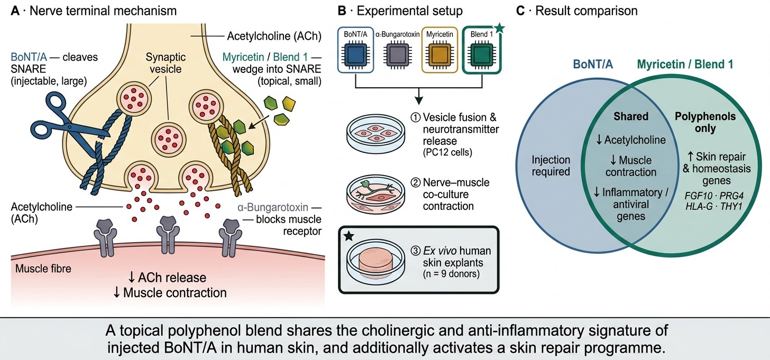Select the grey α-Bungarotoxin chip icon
(397, 54)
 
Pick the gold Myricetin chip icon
(439, 54)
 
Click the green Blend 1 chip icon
(482, 54)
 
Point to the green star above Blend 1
(499, 28)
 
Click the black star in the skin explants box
(349, 236)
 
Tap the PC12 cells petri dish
(375, 134)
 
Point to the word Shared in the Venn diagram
(631, 116)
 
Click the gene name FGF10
(698, 196)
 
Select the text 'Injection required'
(551, 165)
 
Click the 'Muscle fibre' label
(43, 269)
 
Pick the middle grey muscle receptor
(168, 235)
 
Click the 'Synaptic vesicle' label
(166, 63)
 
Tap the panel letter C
(520, 11)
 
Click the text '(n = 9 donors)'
(451, 274)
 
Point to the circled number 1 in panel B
(416, 117)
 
